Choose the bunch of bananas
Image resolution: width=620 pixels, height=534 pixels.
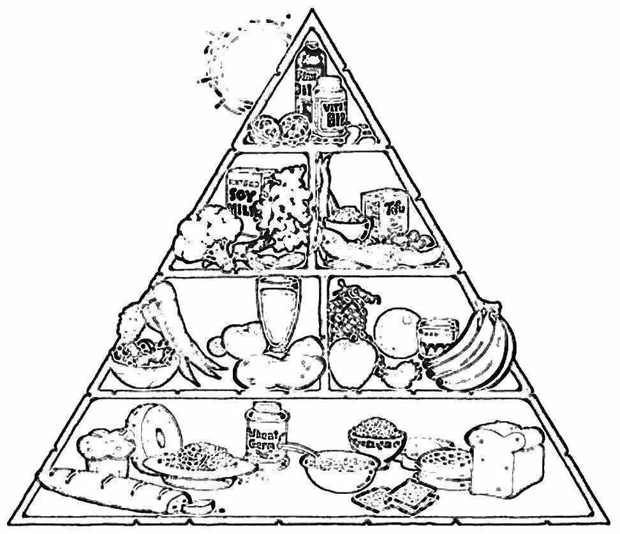475,351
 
